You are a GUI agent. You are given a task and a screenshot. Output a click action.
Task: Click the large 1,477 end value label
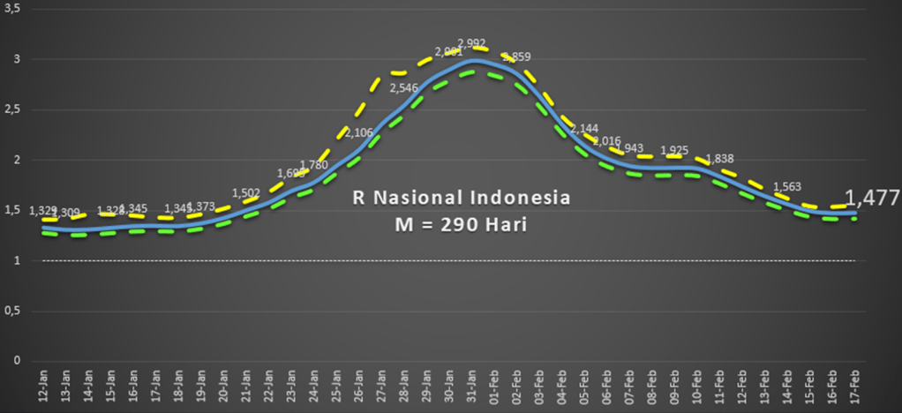point(872,198)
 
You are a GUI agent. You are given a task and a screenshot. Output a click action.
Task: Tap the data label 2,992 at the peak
point(471,42)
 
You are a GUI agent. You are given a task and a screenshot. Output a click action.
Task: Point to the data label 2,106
point(358,132)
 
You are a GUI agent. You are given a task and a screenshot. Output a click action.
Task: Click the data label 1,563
point(787,186)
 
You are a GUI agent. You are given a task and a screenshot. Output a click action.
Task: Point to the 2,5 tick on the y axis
point(11,109)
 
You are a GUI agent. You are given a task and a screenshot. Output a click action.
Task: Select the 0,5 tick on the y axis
point(11,311)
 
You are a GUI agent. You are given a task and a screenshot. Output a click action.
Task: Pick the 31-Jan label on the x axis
point(472,387)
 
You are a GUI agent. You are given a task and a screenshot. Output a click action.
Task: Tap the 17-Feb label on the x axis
point(855,387)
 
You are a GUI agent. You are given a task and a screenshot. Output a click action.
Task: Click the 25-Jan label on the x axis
point(336,387)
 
